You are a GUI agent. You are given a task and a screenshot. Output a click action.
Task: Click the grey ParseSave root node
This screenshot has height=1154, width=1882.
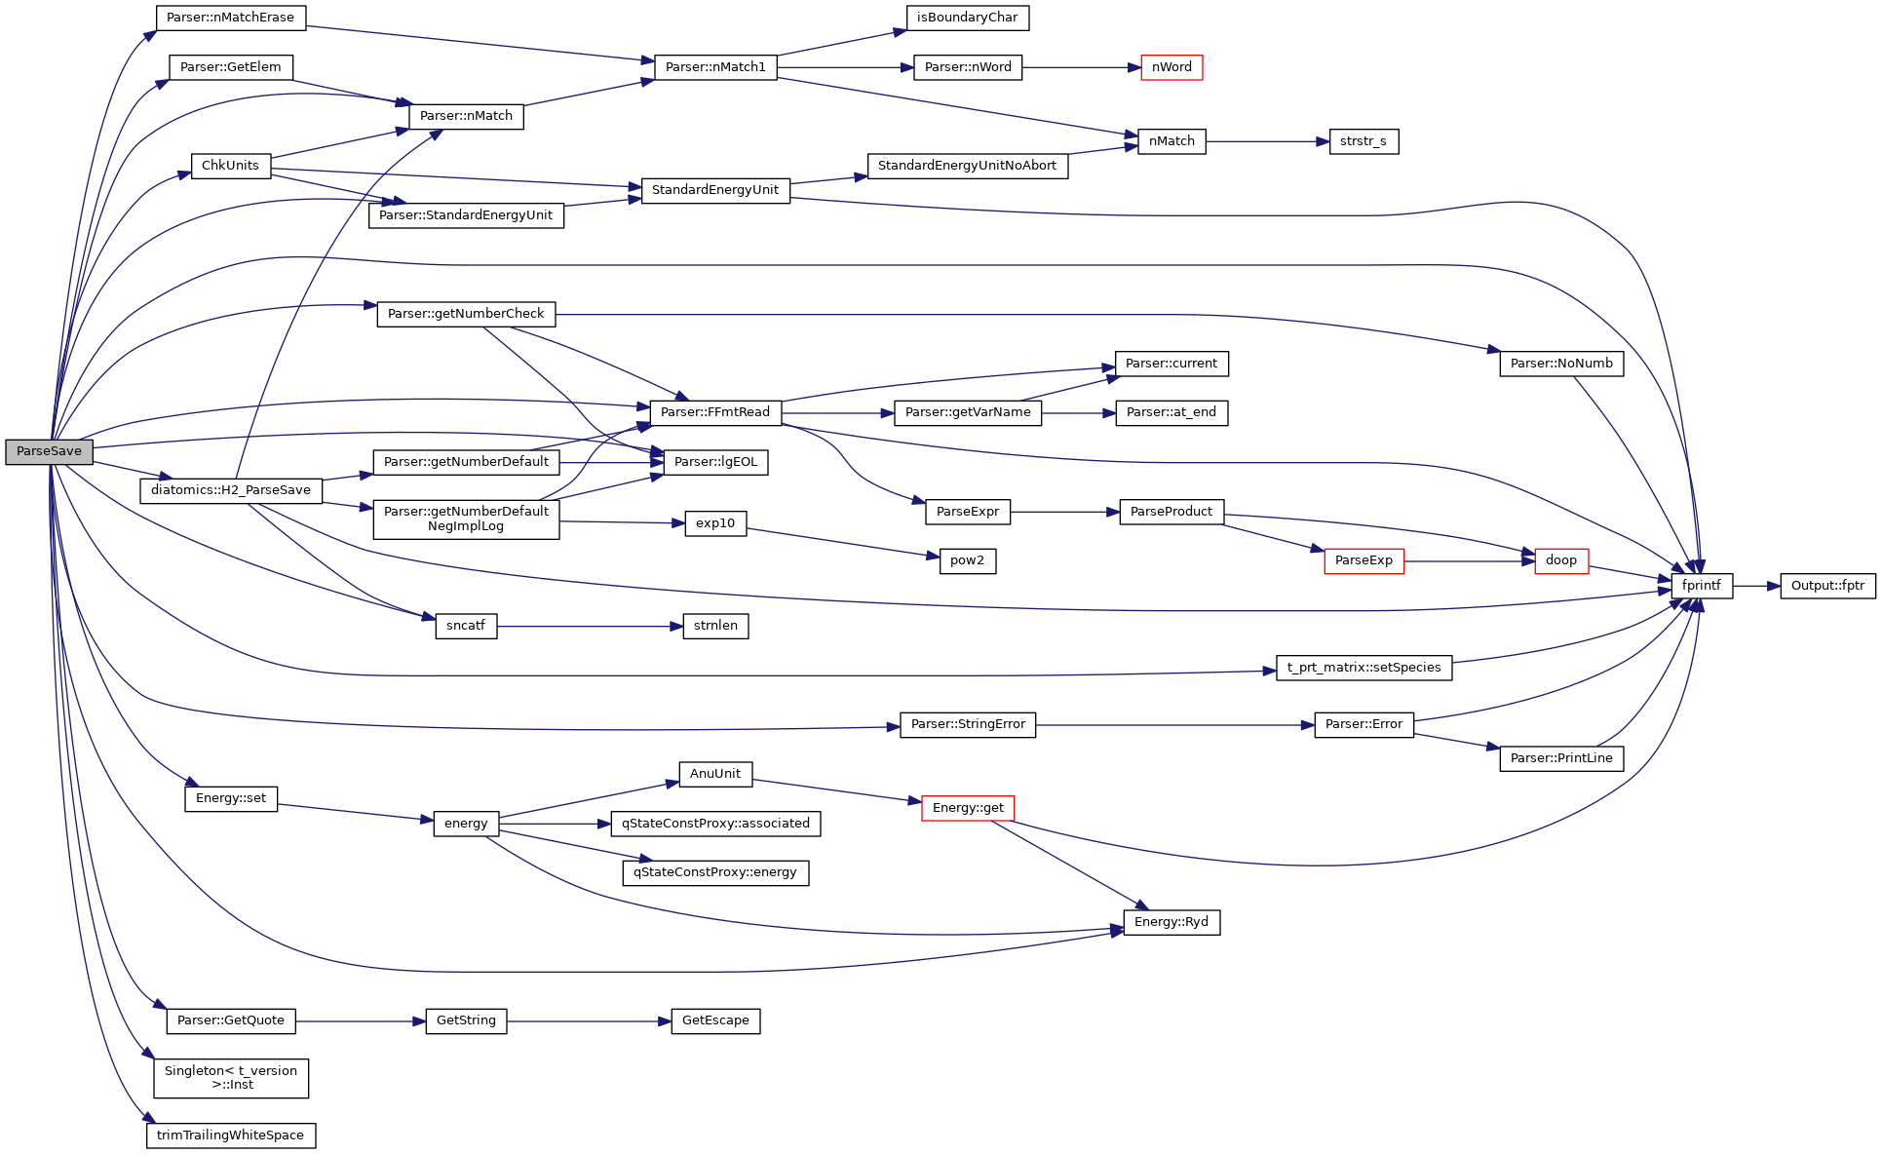(50, 451)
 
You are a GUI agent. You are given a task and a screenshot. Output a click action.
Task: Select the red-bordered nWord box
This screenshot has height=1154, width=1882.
(1171, 67)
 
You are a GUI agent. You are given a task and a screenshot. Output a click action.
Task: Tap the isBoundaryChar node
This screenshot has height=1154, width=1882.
(967, 18)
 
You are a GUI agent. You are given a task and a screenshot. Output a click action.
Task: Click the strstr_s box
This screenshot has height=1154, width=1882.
(1363, 141)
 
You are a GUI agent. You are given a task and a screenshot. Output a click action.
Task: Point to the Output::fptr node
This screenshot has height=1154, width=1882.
(1827, 586)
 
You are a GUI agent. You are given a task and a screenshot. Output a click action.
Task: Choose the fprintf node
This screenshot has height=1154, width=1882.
(1702, 586)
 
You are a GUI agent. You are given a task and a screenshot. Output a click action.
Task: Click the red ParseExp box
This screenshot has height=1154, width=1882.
(1363, 560)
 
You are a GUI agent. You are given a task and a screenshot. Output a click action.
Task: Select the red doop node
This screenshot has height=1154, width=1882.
(1561, 560)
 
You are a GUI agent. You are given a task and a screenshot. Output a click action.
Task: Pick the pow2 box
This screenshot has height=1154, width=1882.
(967, 560)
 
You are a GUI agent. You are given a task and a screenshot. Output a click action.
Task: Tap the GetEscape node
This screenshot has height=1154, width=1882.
(715, 1020)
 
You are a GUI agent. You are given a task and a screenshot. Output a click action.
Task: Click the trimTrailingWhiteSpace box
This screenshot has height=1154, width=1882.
(231, 1135)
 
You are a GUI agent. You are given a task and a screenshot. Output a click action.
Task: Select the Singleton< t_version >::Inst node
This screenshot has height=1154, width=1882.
(231, 1078)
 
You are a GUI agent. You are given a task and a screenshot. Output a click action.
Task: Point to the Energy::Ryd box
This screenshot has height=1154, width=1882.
(1171, 922)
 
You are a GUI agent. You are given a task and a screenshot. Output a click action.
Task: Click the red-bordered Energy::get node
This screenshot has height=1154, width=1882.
(968, 808)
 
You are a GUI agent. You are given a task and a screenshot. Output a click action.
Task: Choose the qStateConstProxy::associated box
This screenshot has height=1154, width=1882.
(715, 824)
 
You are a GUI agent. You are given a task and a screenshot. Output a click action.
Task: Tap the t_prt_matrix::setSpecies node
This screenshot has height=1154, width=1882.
(1363, 668)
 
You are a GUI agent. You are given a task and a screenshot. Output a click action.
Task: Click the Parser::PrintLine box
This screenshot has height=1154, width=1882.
(1561, 758)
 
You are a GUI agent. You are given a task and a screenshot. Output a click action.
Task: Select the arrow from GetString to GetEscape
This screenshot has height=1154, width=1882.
(589, 1020)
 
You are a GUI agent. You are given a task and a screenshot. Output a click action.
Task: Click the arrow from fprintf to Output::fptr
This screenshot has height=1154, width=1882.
(1756, 586)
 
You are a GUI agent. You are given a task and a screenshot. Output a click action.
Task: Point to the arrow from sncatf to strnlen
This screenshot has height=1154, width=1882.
(589, 626)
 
